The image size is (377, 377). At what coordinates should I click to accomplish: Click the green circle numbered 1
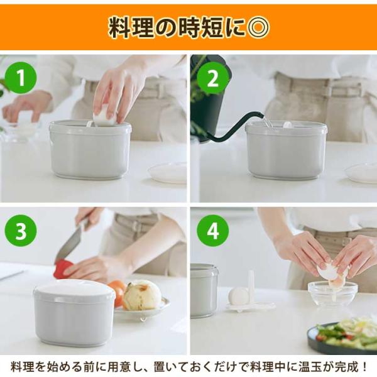click(x=21, y=77)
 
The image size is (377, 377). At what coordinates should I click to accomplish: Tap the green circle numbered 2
click(x=213, y=78)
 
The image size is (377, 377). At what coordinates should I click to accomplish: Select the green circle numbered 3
click(x=21, y=231)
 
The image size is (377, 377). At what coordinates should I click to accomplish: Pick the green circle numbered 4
click(x=213, y=231)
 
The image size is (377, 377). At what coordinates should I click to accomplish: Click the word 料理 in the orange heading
click(x=131, y=27)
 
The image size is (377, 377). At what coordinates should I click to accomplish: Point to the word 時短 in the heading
click(x=200, y=27)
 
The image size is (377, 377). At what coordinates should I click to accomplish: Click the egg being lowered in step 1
click(x=106, y=119)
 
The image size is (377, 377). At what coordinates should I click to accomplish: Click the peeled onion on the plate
click(x=142, y=295)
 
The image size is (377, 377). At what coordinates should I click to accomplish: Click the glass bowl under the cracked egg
click(x=333, y=294)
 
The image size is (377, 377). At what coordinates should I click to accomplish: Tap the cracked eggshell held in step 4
click(x=330, y=271)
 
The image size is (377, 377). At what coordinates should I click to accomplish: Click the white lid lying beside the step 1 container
click(x=167, y=173)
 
